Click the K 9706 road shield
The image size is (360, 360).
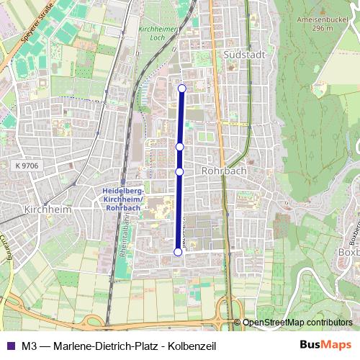[x=26, y=166]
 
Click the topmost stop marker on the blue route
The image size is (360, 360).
[x=181, y=89]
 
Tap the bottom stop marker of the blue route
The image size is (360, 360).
[x=178, y=252]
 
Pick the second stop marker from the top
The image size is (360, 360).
[x=180, y=146]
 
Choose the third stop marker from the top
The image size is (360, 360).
[x=179, y=171]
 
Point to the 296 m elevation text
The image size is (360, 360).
[x=319, y=29]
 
